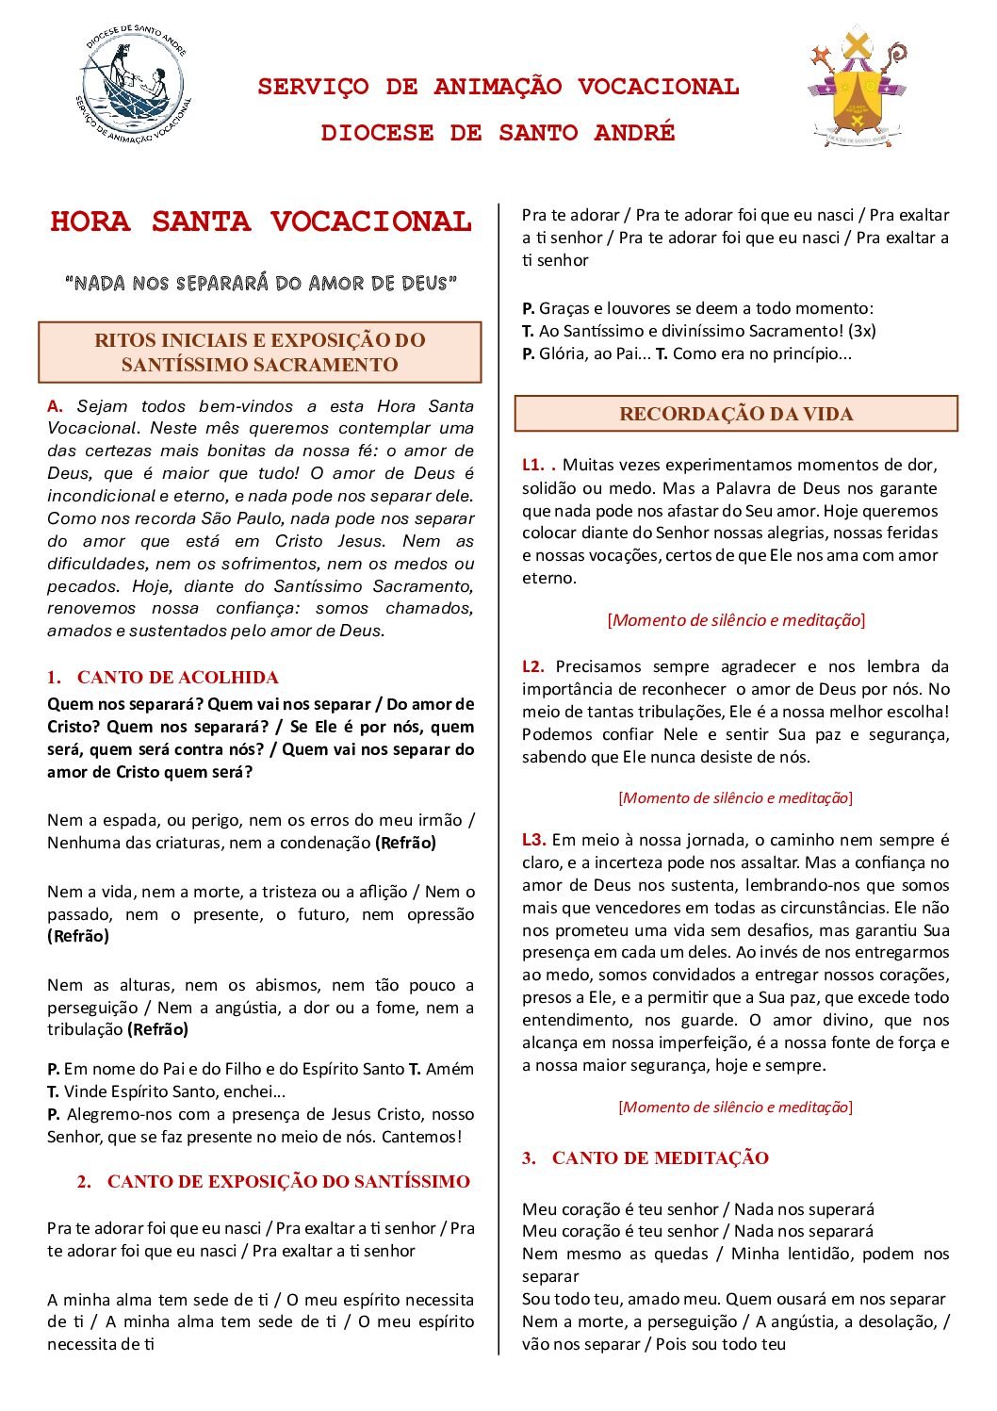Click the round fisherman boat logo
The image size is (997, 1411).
[x=133, y=84]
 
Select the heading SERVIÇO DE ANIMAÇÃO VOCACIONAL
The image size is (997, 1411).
[x=498, y=87]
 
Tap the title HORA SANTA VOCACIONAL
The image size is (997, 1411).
[x=261, y=221]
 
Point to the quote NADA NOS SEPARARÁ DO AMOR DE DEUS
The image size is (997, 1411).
[x=260, y=283]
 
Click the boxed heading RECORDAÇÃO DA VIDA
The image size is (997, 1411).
[x=736, y=414]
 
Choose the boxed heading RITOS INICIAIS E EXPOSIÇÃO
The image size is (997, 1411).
[x=260, y=353]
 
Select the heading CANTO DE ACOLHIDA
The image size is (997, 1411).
[x=177, y=677]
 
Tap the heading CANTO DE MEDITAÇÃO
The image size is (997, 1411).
[x=660, y=1157]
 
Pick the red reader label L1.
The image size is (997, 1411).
[x=533, y=465]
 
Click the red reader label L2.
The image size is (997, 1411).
[x=533, y=666]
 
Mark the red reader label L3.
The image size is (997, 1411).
[x=534, y=840]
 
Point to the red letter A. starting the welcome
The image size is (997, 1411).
[x=56, y=406]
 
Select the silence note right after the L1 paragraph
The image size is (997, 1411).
[x=736, y=620]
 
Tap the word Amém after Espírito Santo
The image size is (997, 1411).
[x=449, y=1069]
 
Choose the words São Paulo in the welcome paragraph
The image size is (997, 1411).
[x=242, y=518]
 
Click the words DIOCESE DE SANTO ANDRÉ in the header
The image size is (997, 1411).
[x=498, y=133]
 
